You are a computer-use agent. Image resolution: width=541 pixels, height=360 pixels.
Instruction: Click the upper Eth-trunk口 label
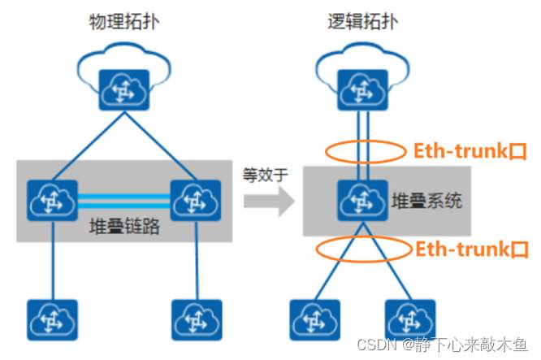(469, 151)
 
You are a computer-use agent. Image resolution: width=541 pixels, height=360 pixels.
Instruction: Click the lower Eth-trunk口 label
(469, 249)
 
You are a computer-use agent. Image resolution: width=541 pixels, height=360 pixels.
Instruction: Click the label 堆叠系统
(427, 201)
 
